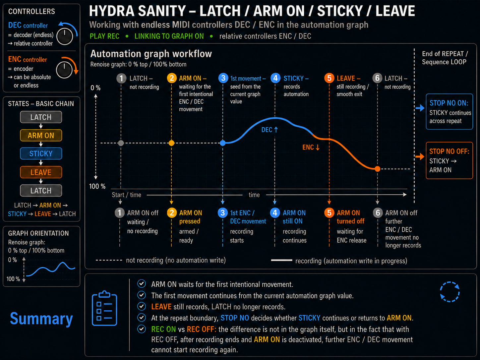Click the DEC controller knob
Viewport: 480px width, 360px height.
pyautogui.click(x=65, y=36)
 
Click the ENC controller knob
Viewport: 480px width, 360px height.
pyautogui.click(x=64, y=70)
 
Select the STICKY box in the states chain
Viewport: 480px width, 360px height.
pyautogui.click(x=41, y=153)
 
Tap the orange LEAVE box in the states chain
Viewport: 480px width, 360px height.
pyautogui.click(x=41, y=172)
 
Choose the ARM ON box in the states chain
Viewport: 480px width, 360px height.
pyautogui.click(x=41, y=135)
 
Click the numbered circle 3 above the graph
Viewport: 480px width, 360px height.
pyautogui.click(x=223, y=78)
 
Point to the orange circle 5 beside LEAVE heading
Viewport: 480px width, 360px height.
pyautogui.click(x=329, y=78)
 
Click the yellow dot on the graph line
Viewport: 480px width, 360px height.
pyautogui.click(x=171, y=143)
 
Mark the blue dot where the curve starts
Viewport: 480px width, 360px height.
pyautogui.click(x=223, y=143)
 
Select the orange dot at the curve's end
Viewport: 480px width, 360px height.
pyautogui.click(x=378, y=169)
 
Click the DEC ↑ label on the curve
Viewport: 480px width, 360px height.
pyautogui.click(x=270, y=130)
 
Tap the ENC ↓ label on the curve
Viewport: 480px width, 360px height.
pyautogui.click(x=311, y=147)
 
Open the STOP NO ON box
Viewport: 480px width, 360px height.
pyautogui.click(x=449, y=112)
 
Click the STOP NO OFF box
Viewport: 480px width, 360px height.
pyautogui.click(x=449, y=160)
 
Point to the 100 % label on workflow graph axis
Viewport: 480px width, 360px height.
pyautogui.click(x=97, y=186)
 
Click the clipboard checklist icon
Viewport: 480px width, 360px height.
pyautogui.click(x=104, y=308)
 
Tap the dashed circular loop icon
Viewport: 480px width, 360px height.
pyautogui.click(x=450, y=292)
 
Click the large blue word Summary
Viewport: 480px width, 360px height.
pyautogui.click(x=41, y=319)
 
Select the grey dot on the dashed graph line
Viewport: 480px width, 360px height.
pyautogui.click(x=121, y=143)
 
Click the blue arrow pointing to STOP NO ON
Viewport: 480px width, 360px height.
pyautogui.click(x=420, y=108)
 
